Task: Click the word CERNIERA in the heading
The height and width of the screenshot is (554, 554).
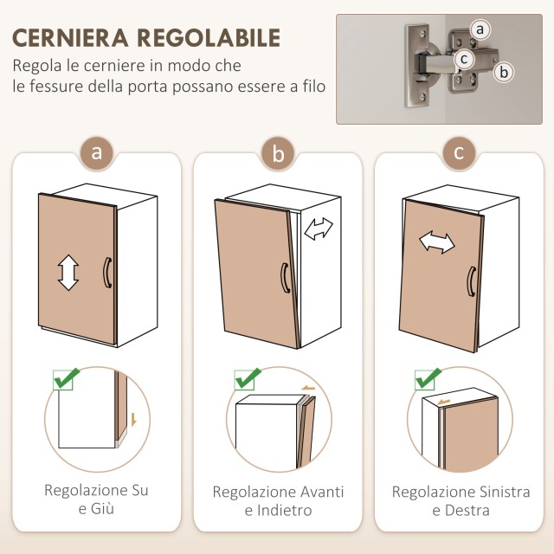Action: (x=71, y=38)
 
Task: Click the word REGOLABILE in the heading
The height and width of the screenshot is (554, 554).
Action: (x=209, y=38)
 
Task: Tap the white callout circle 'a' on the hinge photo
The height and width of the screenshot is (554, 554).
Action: (x=480, y=29)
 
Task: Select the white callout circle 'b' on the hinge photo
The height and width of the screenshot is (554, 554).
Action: (x=504, y=73)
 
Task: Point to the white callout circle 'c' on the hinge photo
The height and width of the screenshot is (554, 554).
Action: (x=464, y=59)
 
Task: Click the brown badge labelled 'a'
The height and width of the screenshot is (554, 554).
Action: (x=96, y=153)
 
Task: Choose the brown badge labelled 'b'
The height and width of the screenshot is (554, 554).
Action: (x=278, y=154)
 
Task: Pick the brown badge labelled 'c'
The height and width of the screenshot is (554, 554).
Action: (x=459, y=153)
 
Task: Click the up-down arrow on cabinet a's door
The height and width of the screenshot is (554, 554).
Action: (x=68, y=273)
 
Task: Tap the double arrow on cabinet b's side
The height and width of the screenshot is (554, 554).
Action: (x=319, y=229)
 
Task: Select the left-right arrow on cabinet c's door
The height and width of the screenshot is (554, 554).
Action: (x=437, y=242)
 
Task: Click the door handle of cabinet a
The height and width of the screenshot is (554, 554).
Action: (x=107, y=273)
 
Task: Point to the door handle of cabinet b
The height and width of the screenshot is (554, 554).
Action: (x=285, y=278)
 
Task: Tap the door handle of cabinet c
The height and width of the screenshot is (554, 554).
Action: (x=472, y=281)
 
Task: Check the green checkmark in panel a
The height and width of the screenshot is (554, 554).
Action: (x=67, y=378)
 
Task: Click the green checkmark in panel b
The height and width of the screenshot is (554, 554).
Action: (x=248, y=378)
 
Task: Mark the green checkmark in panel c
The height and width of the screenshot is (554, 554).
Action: (x=428, y=378)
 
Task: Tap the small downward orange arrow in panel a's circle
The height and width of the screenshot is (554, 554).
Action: (x=133, y=419)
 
